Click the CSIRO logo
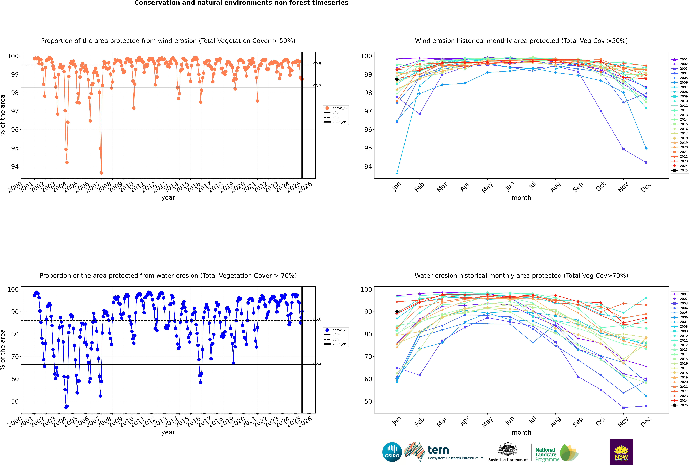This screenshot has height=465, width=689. [392, 452]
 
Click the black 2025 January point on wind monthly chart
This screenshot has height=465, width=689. [397, 79]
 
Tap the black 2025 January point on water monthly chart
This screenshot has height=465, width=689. [397, 311]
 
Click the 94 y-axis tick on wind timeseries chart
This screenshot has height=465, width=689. [15, 166]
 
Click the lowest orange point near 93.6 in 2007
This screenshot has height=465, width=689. [101, 173]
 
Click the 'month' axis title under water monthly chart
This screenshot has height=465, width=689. [521, 432]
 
